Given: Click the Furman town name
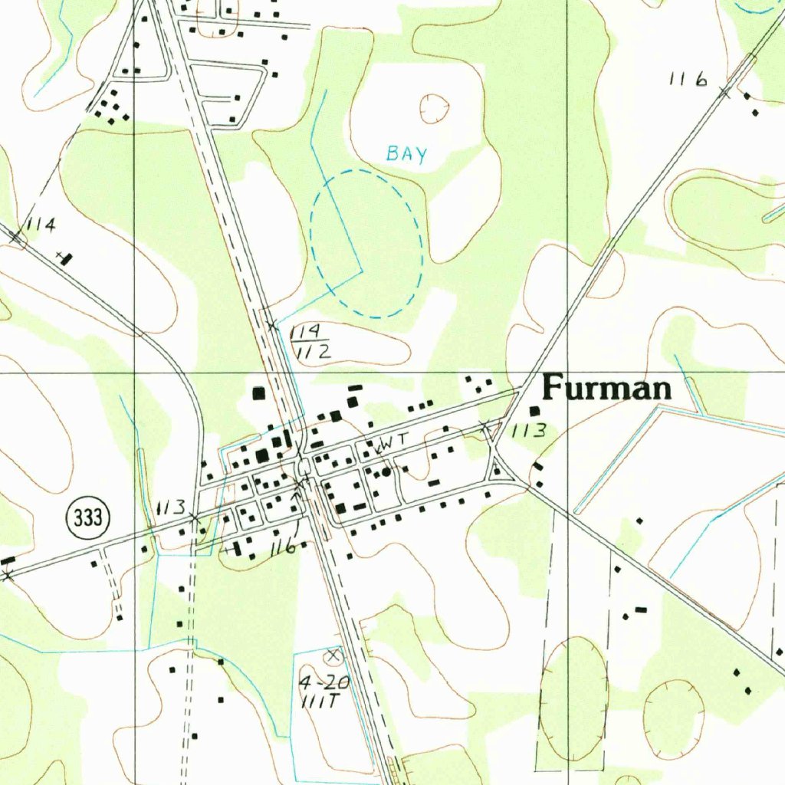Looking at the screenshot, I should coord(606,389).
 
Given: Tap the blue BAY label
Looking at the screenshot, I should coord(406,154).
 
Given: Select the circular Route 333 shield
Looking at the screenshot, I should coord(88,518).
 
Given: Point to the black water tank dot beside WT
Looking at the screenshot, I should coord(387,471).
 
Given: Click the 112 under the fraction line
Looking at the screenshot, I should coord(311,352).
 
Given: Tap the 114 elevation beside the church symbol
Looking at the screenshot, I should coord(41,225).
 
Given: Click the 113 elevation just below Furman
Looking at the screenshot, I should coord(529,431).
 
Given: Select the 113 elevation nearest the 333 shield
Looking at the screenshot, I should coord(171,507).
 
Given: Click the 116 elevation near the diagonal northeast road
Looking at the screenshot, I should coord(687,79).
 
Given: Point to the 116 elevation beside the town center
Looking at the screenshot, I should coord(283,548).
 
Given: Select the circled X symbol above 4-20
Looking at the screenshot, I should coord(333,655).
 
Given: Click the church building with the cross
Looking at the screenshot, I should coord(67,258).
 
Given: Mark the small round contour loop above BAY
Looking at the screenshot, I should coord(435,108).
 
